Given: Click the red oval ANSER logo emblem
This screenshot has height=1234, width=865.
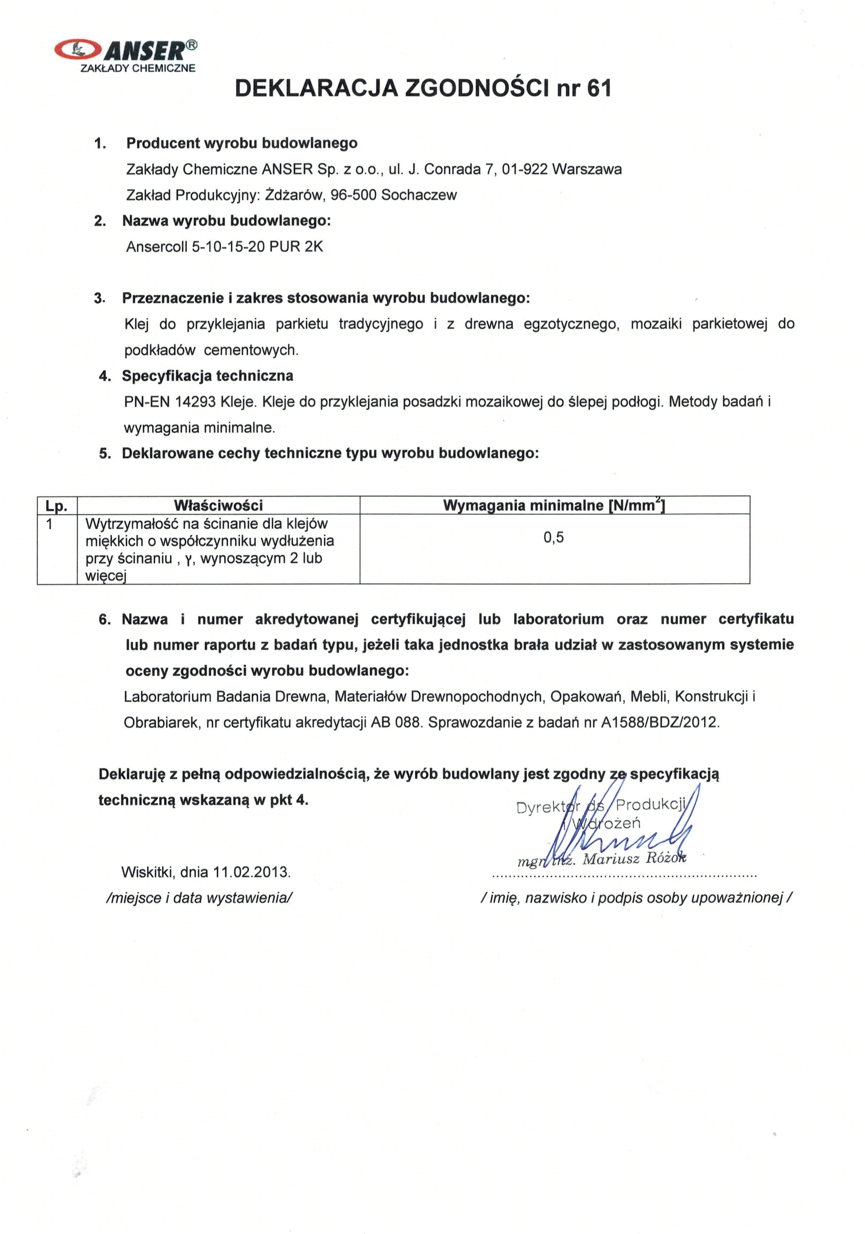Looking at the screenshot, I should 78,50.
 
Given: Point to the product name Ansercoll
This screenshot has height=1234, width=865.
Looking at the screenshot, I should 157,247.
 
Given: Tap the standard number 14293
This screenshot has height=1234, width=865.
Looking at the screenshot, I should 196,402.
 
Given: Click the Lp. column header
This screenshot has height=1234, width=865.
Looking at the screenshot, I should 56,506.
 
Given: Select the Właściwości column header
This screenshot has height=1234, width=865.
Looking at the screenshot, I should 218,505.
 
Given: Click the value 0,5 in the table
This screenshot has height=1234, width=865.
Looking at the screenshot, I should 553,538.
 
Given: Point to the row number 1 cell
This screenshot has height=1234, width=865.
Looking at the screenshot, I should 50,524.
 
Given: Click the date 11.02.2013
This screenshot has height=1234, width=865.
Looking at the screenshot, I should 251,872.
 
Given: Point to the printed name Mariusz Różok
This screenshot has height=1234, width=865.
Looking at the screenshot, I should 634,859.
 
